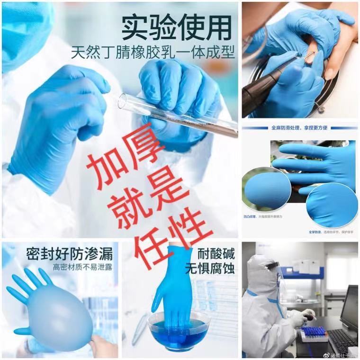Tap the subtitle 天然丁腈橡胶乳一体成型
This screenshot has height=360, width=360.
(153, 52)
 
